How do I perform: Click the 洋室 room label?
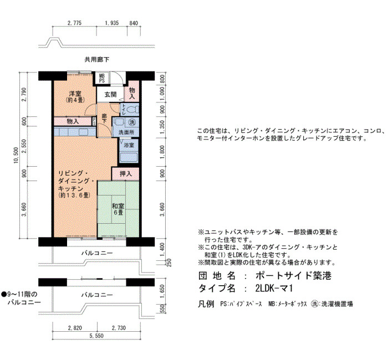tap(75, 94)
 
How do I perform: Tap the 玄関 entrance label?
tap(110, 94)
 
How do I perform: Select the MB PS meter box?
tap(102, 78)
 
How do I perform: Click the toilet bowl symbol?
tap(133, 110)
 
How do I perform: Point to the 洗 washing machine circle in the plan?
tap(132, 122)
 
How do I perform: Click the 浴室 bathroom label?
tap(129, 145)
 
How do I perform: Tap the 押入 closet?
tap(125, 174)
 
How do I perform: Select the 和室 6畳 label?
tap(118, 209)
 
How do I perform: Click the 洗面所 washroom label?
tap(126, 132)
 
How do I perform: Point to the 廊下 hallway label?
tap(104, 119)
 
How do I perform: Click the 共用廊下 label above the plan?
tap(97, 60)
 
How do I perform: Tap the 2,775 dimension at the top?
tap(74, 23)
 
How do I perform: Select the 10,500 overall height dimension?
tap(16, 156)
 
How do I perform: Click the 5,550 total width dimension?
tap(96, 336)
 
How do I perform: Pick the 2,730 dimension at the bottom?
tap(119, 328)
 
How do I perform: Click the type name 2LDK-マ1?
tap(274, 289)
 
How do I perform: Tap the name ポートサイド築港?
tap(293, 275)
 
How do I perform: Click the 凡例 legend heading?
tap(206, 304)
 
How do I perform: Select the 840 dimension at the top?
tap(134, 23)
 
